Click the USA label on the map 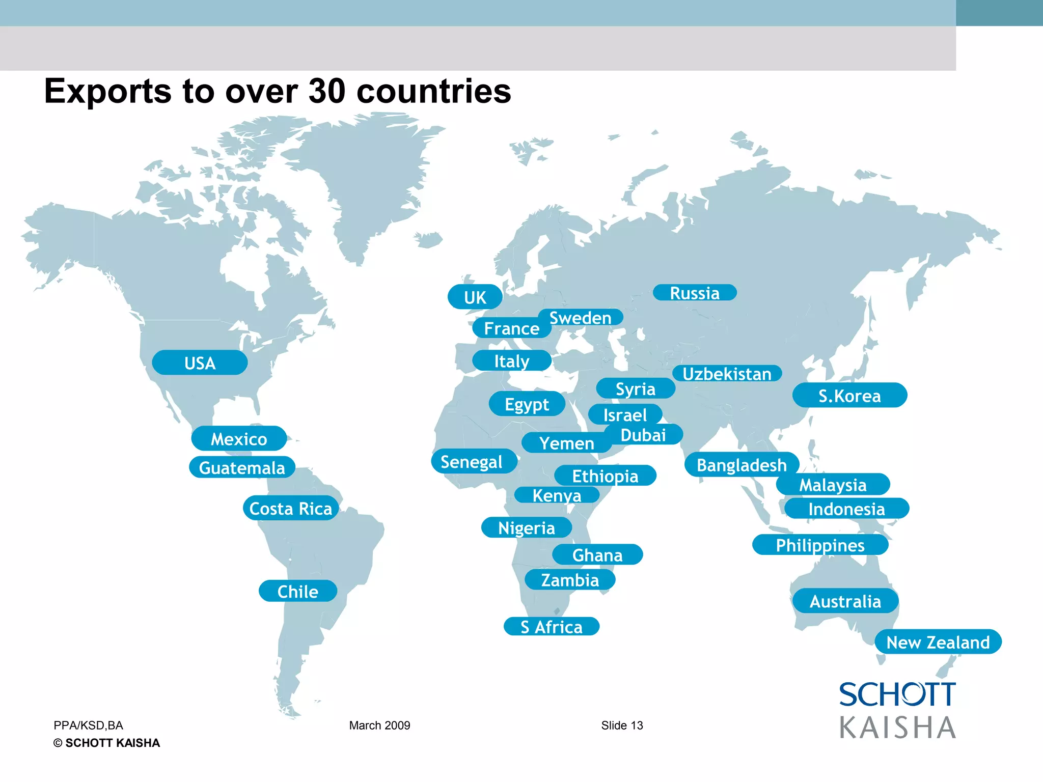point(200,363)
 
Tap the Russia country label point(695,293)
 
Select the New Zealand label point(938,642)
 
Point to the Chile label point(298,591)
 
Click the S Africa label point(552,627)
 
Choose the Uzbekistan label point(727,374)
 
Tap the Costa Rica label point(291,508)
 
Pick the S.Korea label point(849,396)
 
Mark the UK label point(475,297)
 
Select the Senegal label point(472,462)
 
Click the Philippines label point(820,545)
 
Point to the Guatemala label point(242,467)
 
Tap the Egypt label point(527,404)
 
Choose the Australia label point(845,601)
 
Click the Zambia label point(570,580)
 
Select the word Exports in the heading point(108,91)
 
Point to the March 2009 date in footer point(379,725)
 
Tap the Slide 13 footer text point(622,725)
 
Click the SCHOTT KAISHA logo point(897,711)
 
